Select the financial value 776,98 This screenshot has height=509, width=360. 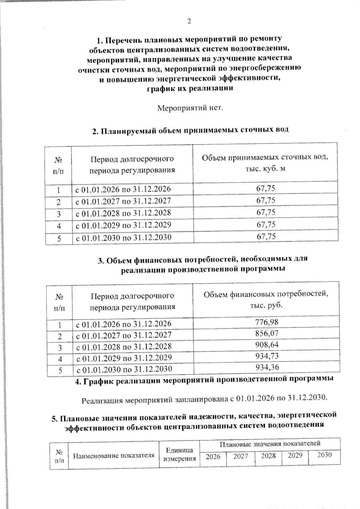[267, 322]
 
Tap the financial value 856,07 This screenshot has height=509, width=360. [267, 333]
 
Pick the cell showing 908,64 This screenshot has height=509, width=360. [267, 344]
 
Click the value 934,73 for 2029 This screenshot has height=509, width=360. [267, 356]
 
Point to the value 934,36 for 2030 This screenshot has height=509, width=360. [267, 367]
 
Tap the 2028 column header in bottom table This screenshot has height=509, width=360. [268, 456]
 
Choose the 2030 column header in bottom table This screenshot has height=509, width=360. [324, 455]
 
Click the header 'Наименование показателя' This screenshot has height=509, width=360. [114, 456]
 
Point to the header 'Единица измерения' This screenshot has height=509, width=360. [179, 454]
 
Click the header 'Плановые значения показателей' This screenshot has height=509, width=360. [270, 443]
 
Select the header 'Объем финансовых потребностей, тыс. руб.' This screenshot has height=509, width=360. [266, 299]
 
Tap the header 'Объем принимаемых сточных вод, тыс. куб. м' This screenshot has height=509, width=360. [265, 163]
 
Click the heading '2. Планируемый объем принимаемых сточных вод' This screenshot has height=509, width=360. [190, 130]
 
